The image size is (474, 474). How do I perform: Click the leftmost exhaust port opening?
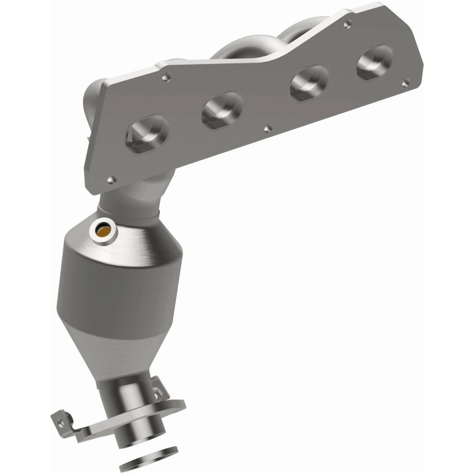pyautogui.click(x=146, y=134)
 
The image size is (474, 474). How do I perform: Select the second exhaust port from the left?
pyautogui.click(x=222, y=109)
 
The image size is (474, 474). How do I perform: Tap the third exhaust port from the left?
pyautogui.click(x=309, y=82)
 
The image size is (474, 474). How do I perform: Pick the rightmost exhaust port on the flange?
pyautogui.click(x=375, y=63)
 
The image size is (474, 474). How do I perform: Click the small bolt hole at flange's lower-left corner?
pyautogui.click(x=111, y=179)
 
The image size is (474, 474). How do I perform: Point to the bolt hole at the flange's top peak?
pyautogui.click(x=347, y=24)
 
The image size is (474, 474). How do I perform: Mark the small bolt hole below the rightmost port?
pyautogui.click(x=406, y=83)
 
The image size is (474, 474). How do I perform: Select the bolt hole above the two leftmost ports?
pyautogui.click(x=166, y=78)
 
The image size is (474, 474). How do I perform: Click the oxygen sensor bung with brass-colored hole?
pyautogui.click(x=103, y=230)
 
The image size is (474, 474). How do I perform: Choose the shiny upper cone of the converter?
pyautogui.click(x=142, y=237)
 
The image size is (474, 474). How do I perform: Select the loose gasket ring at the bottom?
pyautogui.click(x=151, y=454)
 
